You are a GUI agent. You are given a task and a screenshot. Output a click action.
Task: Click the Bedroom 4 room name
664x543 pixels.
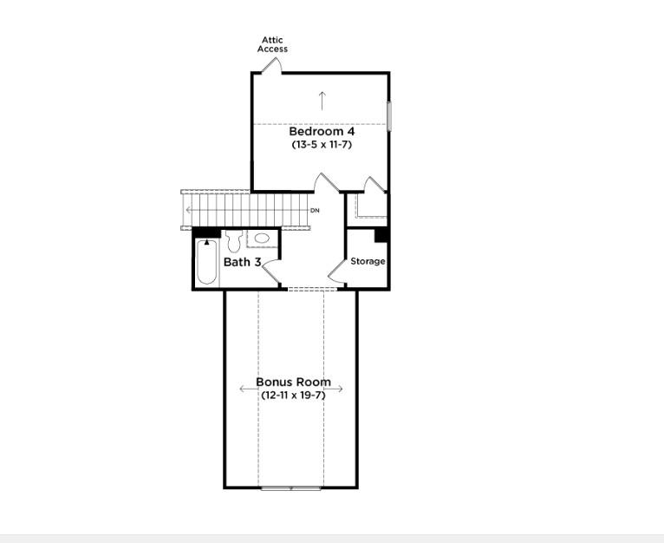322,132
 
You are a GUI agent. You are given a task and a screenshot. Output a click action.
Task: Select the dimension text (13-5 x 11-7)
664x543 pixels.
322,145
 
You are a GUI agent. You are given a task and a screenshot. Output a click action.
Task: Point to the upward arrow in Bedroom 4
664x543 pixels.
322,100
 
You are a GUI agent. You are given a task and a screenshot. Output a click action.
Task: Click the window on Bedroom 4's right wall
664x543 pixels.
389,116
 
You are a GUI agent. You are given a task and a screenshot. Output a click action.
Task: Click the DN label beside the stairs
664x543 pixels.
315,211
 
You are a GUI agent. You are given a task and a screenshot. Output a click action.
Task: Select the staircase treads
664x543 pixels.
247,210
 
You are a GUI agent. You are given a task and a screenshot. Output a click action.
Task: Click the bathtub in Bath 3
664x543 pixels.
205,264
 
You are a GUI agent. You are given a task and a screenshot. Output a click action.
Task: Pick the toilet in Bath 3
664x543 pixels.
233,242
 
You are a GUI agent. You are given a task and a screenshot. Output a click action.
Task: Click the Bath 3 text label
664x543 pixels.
242,262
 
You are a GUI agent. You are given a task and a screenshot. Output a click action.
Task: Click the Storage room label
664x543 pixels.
368,261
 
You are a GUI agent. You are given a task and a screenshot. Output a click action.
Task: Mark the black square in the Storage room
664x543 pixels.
381,235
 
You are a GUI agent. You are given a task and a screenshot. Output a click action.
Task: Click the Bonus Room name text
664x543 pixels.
293,382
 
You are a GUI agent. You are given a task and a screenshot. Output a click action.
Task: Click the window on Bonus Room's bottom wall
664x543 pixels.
290,487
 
